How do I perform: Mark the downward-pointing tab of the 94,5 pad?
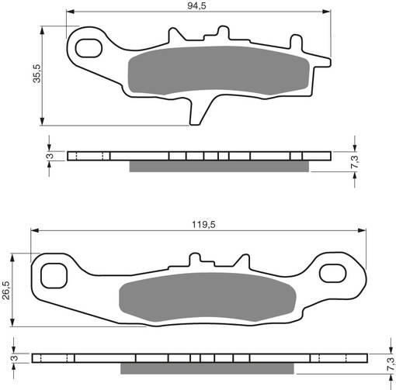(x=197, y=108)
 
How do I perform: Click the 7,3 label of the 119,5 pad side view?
(x=388, y=362)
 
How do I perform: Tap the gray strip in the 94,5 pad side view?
(x=218, y=166)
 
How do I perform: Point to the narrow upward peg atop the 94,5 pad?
(x=223, y=33)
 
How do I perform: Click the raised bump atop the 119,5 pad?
(x=197, y=258)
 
